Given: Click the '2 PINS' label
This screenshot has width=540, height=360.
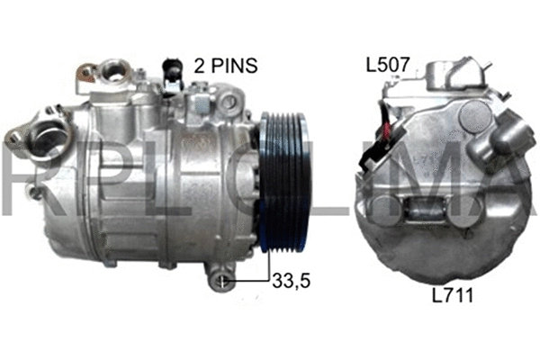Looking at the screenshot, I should tap(226, 65).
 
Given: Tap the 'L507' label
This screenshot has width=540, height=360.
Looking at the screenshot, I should tap(388, 65).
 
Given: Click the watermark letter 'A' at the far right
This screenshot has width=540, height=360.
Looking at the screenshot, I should tap(513, 184).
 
